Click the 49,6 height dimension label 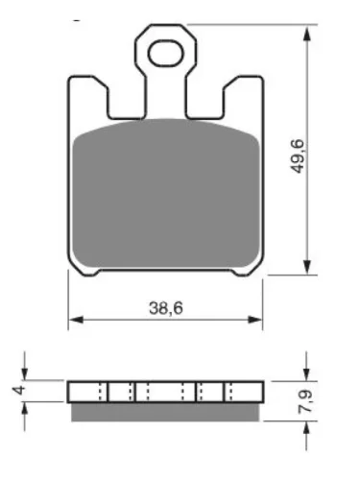coord(299,156)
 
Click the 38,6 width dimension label coord(166,308)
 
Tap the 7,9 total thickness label coord(305,400)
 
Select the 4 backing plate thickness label coord(19,390)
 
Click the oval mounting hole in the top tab coord(166,53)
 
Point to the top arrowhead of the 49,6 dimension coord(307,34)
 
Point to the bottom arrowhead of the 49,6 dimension coord(307,266)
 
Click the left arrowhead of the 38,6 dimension coord(76,320)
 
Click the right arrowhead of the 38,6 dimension coord(254,320)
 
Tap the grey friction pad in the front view coord(166,194)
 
